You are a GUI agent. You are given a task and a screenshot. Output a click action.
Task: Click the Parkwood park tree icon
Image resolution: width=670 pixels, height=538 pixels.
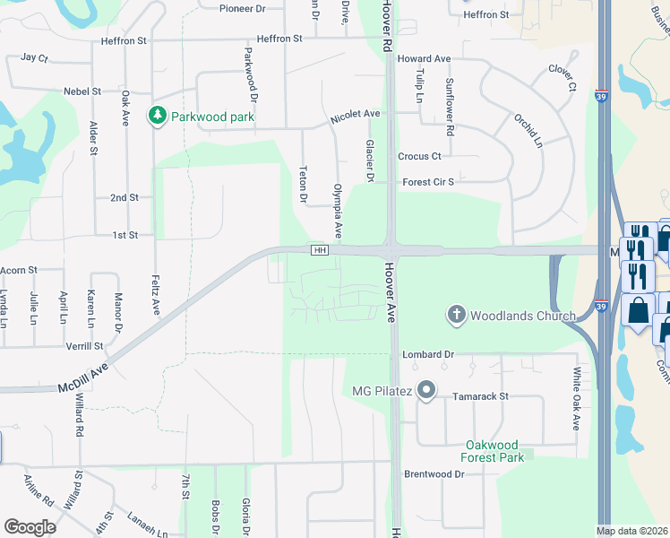[158, 116]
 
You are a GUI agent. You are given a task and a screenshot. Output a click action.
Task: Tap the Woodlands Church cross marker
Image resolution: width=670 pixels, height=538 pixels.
[456, 315]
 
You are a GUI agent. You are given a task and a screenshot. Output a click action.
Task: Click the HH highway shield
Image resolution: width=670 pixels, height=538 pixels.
[319, 249]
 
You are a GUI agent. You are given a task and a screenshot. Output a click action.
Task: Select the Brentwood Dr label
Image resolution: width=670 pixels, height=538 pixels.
[434, 473]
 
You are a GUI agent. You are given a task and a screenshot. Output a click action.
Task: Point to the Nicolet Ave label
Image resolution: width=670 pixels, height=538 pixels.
[356, 115]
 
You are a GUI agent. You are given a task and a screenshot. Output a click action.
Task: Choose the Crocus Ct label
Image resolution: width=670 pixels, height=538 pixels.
[419, 156]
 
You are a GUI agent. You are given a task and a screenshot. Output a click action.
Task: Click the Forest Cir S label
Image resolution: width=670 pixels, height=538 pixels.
[429, 181]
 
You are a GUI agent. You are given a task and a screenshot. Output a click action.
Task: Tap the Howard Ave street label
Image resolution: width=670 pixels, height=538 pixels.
[424, 58]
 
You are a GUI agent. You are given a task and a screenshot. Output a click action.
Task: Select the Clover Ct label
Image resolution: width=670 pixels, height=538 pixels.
[562, 77]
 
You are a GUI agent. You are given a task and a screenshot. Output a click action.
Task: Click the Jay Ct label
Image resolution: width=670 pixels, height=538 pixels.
[34, 56]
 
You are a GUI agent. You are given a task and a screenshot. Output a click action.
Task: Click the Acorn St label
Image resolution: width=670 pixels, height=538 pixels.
[19, 269]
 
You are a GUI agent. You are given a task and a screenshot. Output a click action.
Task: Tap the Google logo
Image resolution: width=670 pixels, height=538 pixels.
[30, 527]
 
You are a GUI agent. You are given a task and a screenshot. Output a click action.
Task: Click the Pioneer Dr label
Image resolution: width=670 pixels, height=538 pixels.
[243, 8]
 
